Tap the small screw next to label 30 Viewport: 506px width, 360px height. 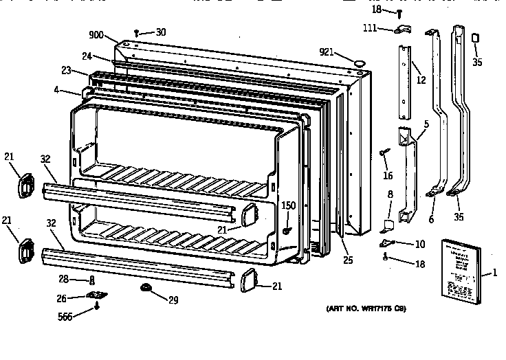pyautogui.click(x=138, y=33)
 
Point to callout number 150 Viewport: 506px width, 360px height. pyautogui.click(x=289, y=205)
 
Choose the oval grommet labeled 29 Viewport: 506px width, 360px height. pyautogui.click(x=146, y=286)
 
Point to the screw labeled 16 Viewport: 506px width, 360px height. pyautogui.click(x=386, y=154)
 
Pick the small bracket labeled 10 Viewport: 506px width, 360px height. pyautogui.click(x=387, y=243)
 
